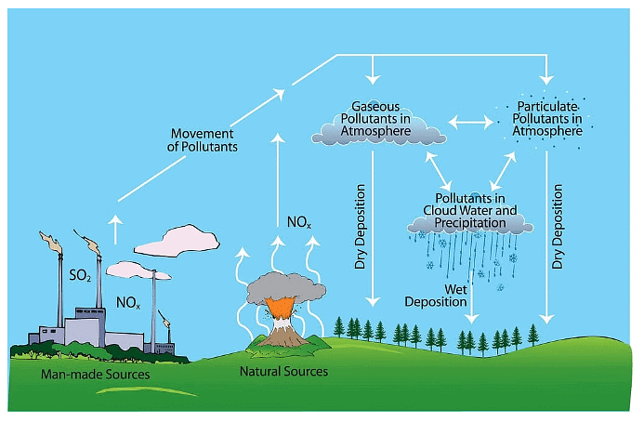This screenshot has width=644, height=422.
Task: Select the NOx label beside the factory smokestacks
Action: (129, 303)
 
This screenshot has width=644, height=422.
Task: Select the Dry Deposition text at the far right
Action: (558, 227)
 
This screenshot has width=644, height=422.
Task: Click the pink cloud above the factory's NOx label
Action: (177, 239)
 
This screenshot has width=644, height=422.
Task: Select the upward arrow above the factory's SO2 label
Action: (116, 228)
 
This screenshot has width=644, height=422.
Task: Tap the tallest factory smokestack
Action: (61, 279)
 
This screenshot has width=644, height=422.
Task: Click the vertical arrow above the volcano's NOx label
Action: (275, 172)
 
